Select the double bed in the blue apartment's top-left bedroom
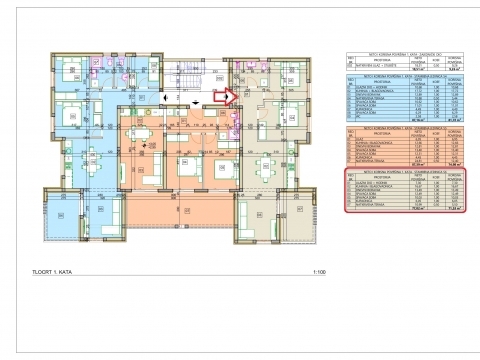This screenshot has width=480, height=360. point(72,70)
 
